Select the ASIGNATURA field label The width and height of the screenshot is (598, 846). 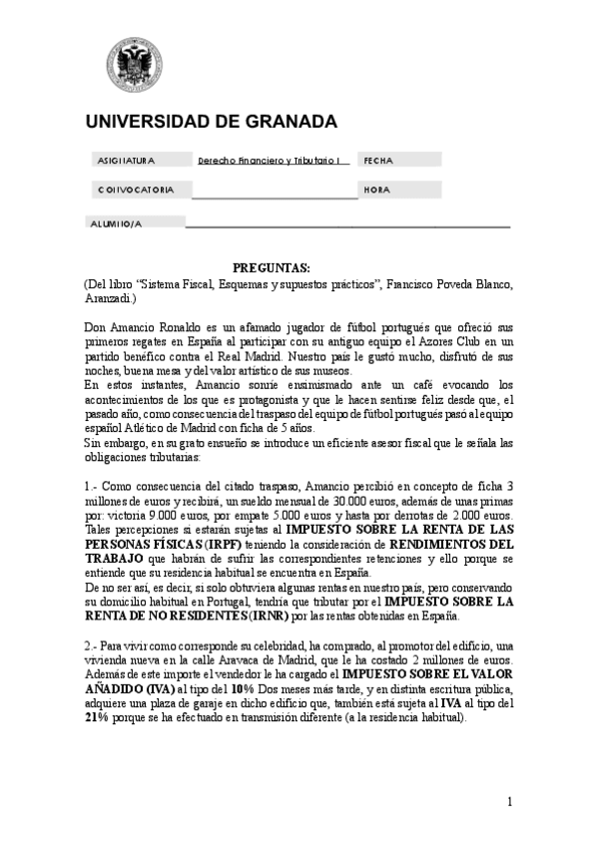(126, 160)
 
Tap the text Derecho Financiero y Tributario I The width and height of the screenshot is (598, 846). (270, 160)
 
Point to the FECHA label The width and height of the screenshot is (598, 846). (378, 160)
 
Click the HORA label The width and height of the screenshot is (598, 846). (376, 190)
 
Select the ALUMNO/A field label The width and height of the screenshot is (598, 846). (116, 223)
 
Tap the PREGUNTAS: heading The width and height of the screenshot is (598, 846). (271, 268)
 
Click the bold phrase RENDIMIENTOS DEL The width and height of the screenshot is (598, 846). (451, 545)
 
